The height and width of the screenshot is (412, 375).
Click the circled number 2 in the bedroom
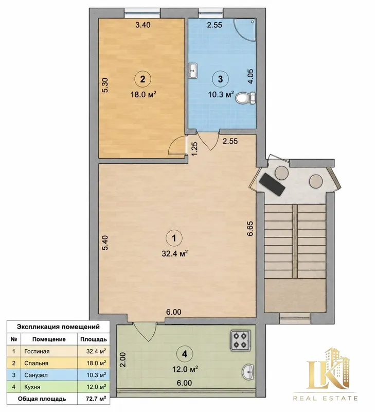[142, 79]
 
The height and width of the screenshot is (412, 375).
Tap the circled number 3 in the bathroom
[221, 79]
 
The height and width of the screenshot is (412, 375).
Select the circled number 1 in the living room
[174, 238]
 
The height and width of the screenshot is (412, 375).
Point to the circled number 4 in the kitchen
[185, 354]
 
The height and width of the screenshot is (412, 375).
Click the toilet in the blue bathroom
[245, 98]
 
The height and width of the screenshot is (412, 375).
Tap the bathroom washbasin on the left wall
[193, 70]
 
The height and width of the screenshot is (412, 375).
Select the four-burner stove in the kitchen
[240, 340]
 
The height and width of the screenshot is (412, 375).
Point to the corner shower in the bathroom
[244, 29]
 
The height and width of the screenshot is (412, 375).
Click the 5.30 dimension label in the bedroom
[105, 85]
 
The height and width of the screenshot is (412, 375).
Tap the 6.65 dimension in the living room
[250, 229]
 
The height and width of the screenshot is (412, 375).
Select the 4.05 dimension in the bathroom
[251, 76]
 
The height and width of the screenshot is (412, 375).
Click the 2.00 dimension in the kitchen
[123, 359]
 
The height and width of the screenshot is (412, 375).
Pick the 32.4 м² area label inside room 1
[175, 253]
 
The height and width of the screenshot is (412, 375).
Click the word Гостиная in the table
[37, 351]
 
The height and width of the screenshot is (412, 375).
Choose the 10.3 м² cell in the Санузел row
[96, 375]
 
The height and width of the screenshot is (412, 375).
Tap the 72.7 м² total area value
[96, 399]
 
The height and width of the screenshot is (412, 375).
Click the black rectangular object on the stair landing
[272, 184]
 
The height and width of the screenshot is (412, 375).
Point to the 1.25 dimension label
[194, 149]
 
